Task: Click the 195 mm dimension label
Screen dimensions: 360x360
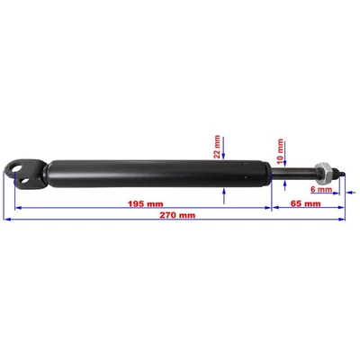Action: [x=146, y=204]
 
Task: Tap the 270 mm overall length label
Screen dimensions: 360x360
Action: [x=177, y=215]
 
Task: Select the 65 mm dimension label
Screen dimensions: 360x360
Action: [x=306, y=204]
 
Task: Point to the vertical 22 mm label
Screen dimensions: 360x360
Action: [x=217, y=147]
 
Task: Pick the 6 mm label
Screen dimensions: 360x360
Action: [x=321, y=189]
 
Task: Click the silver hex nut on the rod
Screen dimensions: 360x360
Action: [x=325, y=174]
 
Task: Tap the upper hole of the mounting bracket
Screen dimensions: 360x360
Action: [x=15, y=166]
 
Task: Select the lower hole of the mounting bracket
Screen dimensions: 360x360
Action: [x=24, y=181]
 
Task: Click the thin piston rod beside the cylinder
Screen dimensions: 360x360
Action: [x=293, y=175]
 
